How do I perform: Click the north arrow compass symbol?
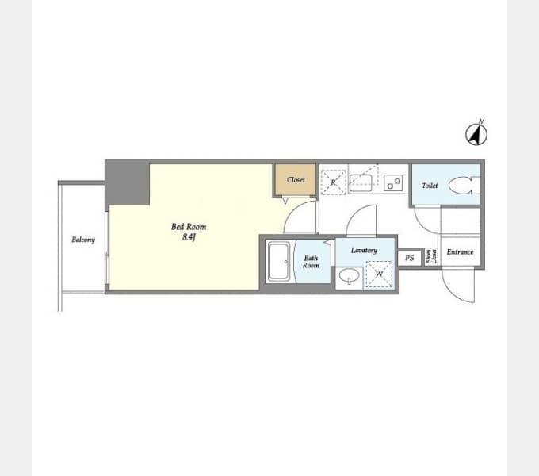476,134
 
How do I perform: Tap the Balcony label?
83,240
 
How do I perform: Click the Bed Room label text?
189,227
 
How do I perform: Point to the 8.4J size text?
188,236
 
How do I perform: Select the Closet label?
296,180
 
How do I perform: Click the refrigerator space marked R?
334,182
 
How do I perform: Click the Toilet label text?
430,186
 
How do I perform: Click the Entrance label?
460,252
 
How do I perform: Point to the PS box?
410,258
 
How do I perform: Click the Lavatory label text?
365,251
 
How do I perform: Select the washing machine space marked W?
379,274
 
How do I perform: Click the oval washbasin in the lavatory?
349,276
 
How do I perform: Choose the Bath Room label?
311,261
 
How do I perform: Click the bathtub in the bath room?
279,262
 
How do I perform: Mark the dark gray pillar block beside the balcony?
128,182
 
